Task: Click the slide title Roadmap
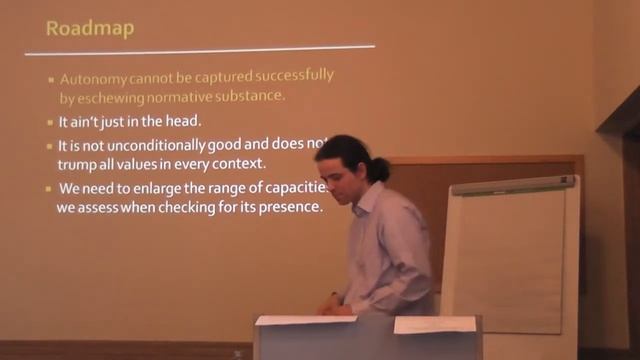pyautogui.click(x=90, y=27)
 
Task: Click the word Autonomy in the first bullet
pyautogui.click(x=92, y=77)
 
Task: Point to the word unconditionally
pyautogui.click(x=139, y=145)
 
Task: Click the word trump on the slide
pyautogui.click(x=78, y=164)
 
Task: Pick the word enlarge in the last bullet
pyautogui.click(x=151, y=189)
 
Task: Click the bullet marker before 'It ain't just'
pyautogui.click(x=49, y=122)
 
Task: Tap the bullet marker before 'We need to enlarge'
pyautogui.click(x=49, y=190)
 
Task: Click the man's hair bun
pyautogui.click(x=379, y=168)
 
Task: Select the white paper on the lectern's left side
pyautogui.click(x=291, y=320)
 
